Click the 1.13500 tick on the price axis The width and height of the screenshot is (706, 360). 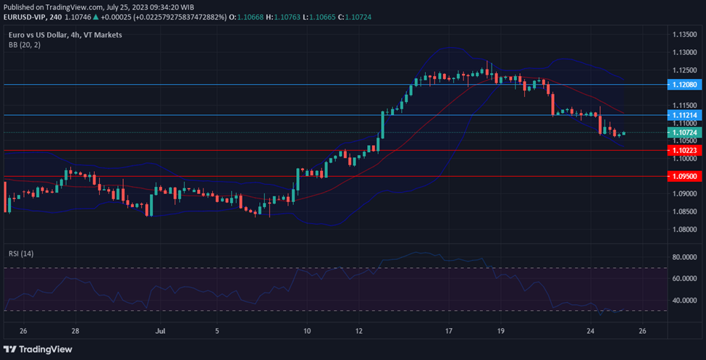(684, 35)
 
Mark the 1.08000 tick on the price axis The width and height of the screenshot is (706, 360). (684, 230)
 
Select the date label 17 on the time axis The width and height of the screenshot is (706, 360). (449, 331)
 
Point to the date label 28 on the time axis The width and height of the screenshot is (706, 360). (75, 331)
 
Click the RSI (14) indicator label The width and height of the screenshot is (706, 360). (21, 254)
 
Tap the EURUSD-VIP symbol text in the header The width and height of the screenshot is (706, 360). (25, 17)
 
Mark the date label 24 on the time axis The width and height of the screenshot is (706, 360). (590, 331)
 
